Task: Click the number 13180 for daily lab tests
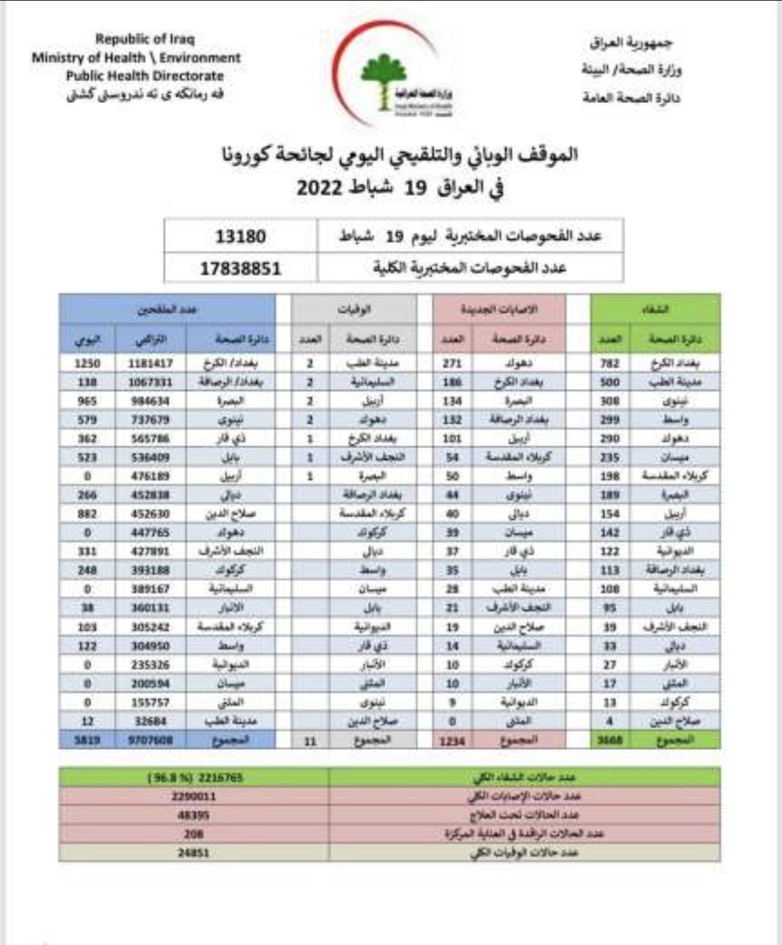[x=241, y=236]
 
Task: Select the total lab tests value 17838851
[x=241, y=268]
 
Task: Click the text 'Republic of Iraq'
[x=145, y=39]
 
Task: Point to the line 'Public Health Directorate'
[x=145, y=76]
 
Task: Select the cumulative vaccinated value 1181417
[x=151, y=363]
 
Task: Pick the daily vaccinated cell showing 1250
[x=87, y=363]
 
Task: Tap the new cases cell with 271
[x=452, y=363]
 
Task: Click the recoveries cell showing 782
[x=610, y=363]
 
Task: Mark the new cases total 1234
[x=452, y=741]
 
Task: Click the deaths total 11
[x=309, y=741]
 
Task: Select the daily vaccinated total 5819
[x=87, y=740]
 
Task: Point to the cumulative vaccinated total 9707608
[x=151, y=740]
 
